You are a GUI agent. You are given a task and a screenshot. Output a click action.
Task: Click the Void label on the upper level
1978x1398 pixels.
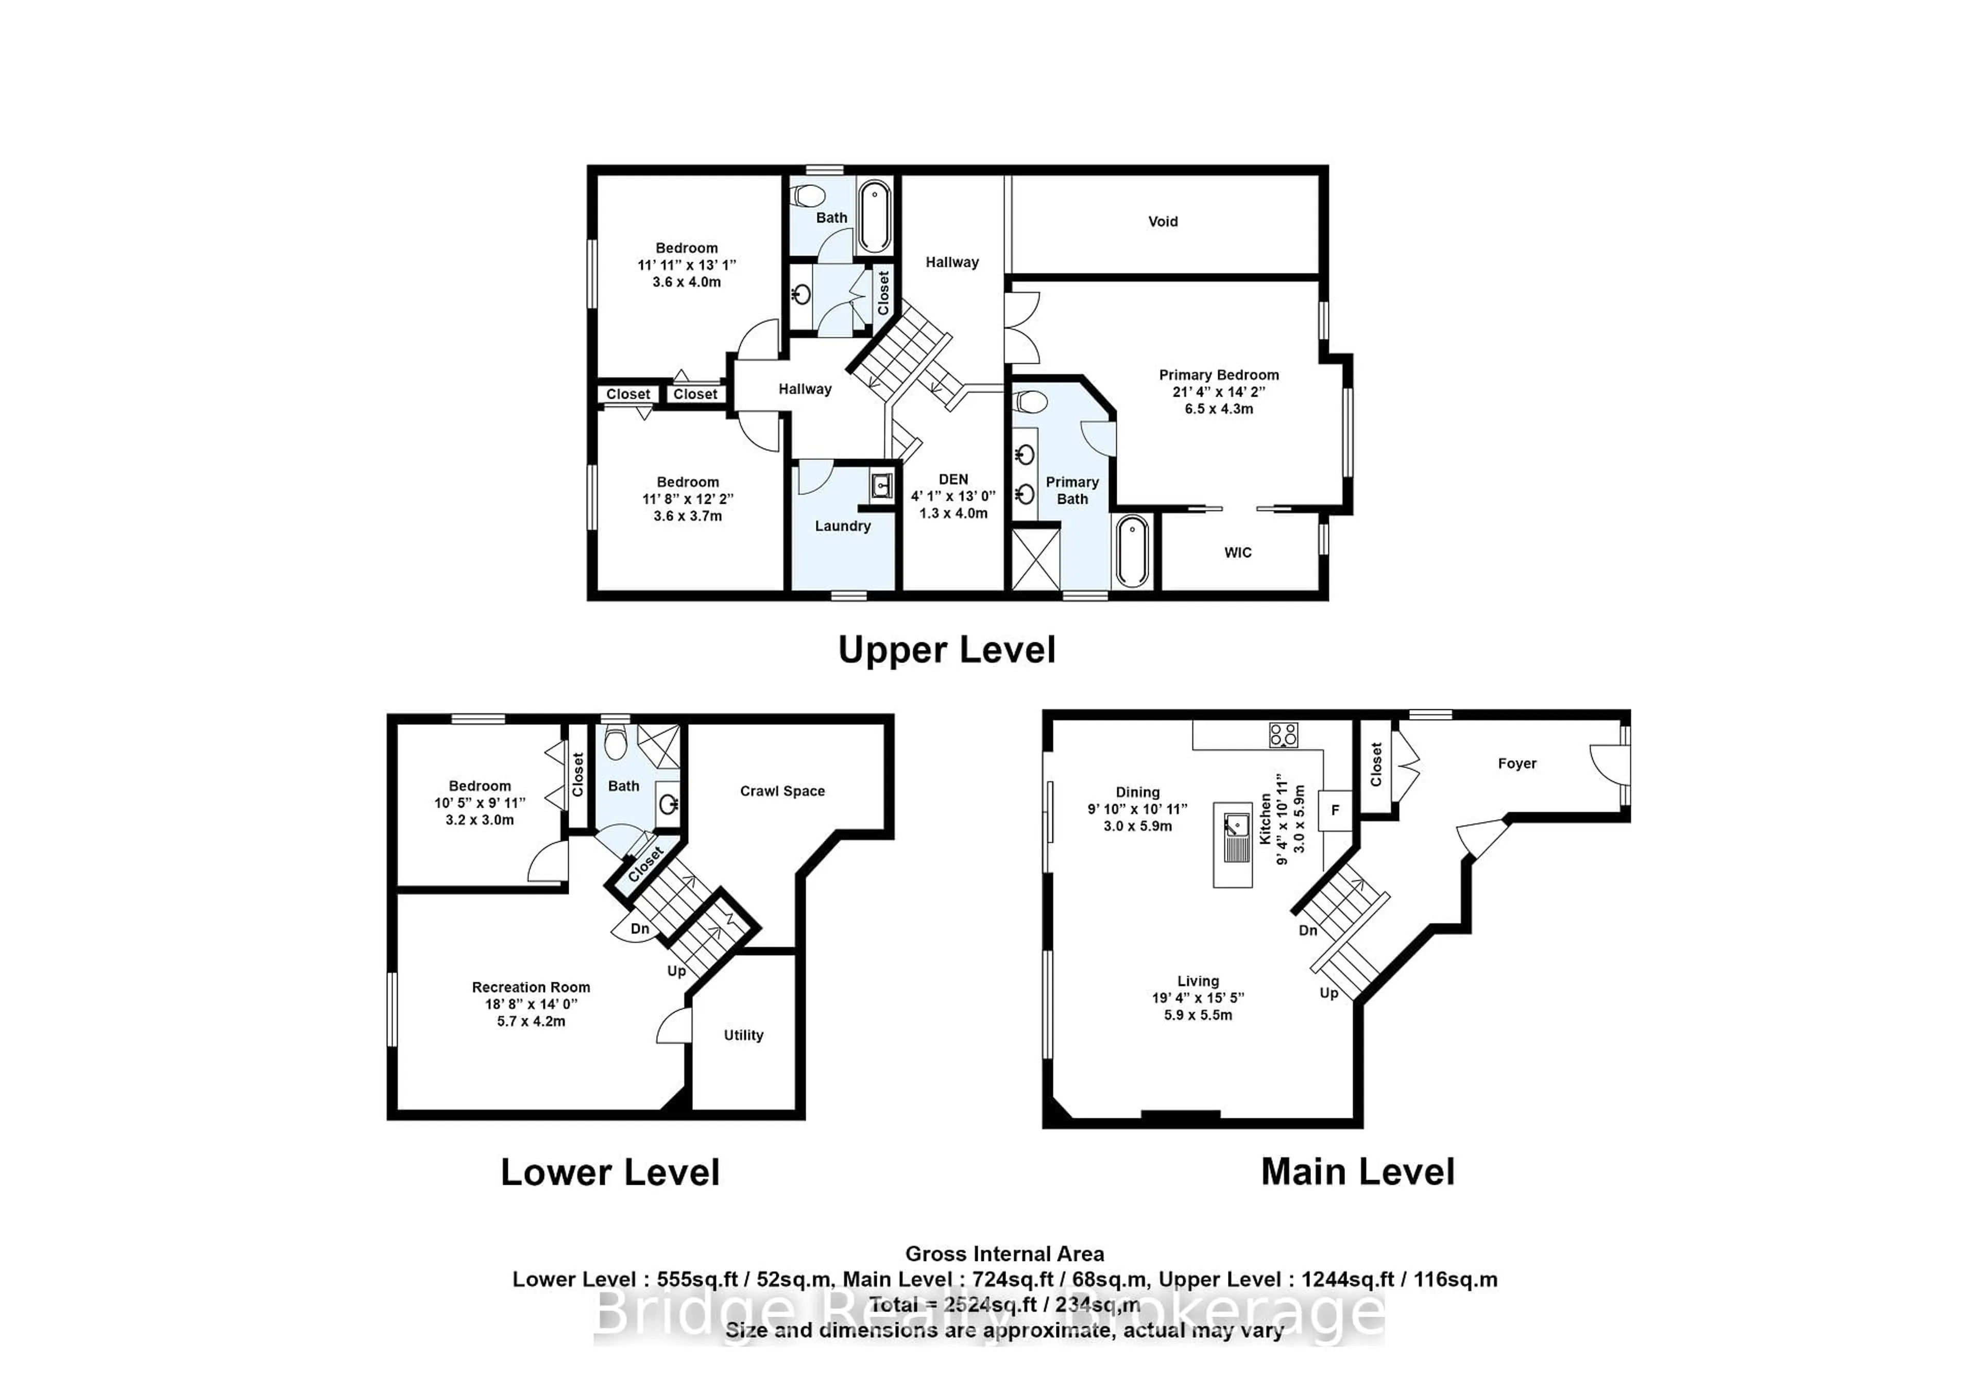tap(1162, 221)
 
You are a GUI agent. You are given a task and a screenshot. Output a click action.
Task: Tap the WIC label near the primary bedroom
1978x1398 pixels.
tap(1238, 552)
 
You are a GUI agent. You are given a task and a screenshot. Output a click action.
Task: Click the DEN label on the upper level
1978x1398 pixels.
tap(953, 479)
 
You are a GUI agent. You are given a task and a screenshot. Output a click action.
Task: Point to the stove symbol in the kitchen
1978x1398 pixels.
tap(1283, 735)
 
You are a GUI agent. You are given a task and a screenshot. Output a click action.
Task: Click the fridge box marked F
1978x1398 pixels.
tap(1335, 811)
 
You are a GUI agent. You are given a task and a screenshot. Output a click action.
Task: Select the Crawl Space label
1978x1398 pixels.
tap(782, 791)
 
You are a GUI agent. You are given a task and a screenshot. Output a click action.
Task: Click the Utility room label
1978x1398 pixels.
tap(743, 1035)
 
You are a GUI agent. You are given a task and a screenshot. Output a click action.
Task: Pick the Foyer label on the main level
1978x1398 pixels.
tap(1517, 763)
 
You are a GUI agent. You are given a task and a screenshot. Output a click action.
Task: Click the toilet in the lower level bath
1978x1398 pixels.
tap(615, 742)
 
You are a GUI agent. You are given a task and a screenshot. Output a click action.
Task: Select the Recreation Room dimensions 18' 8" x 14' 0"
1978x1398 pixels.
tap(531, 1004)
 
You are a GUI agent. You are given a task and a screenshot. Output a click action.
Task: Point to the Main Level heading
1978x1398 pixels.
tap(1358, 1171)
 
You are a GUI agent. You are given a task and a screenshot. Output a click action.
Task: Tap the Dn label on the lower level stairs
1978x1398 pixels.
tap(639, 929)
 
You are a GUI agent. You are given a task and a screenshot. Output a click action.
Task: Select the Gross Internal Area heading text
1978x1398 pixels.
tap(1004, 1254)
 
